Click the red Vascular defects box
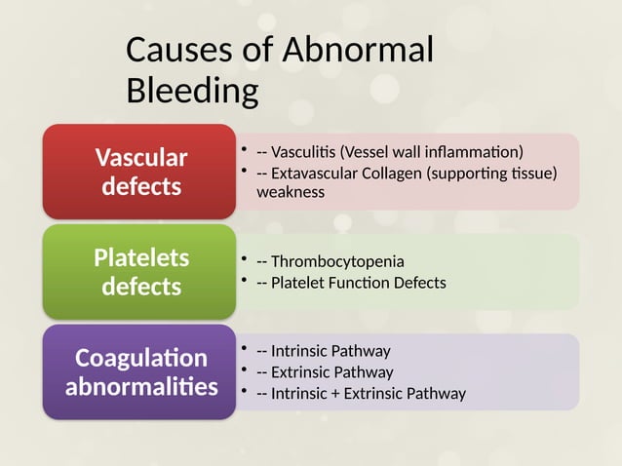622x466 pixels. (x=138, y=171)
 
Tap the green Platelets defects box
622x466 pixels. (x=138, y=272)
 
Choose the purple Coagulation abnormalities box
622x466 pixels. (x=138, y=372)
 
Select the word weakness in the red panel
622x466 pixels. (x=290, y=192)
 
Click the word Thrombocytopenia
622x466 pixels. (x=337, y=261)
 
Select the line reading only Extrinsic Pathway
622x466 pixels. (x=331, y=372)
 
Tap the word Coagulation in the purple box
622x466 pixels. (x=141, y=358)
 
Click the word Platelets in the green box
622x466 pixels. (x=141, y=257)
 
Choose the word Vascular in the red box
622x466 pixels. (x=141, y=157)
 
